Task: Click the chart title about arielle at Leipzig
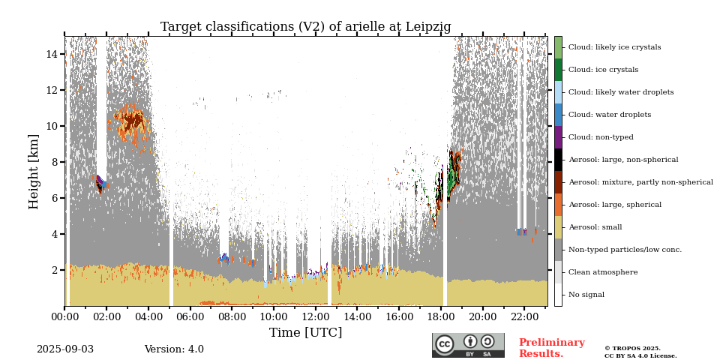click(x=305, y=27)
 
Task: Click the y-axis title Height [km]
click(x=34, y=171)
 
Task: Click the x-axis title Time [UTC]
click(x=305, y=332)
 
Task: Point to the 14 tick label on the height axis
click(x=52, y=54)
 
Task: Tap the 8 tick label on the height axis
click(x=55, y=162)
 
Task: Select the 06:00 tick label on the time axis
click(x=190, y=317)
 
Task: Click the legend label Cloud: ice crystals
click(x=603, y=70)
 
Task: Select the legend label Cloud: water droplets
click(x=610, y=115)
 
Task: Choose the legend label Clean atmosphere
click(x=603, y=272)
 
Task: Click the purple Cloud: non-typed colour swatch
click(x=558, y=137)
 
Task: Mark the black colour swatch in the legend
click(x=558, y=160)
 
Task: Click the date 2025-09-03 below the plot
click(x=65, y=349)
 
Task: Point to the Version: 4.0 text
click(x=174, y=349)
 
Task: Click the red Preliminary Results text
click(x=551, y=348)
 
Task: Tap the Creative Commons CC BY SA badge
click(x=468, y=345)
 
